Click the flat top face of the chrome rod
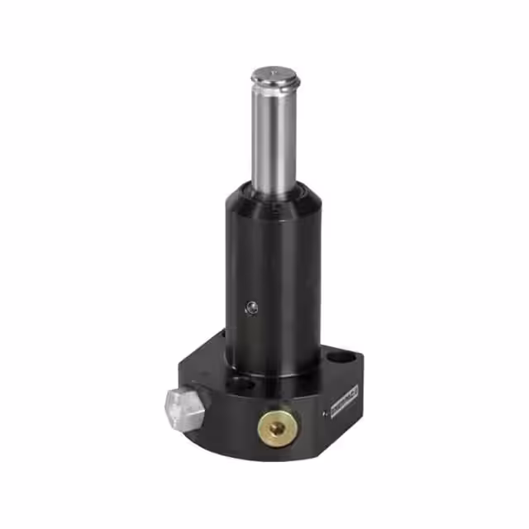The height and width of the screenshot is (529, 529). coord(275,75)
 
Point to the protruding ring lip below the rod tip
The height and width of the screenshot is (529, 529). coord(275,86)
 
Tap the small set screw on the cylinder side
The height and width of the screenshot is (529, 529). coord(251,307)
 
